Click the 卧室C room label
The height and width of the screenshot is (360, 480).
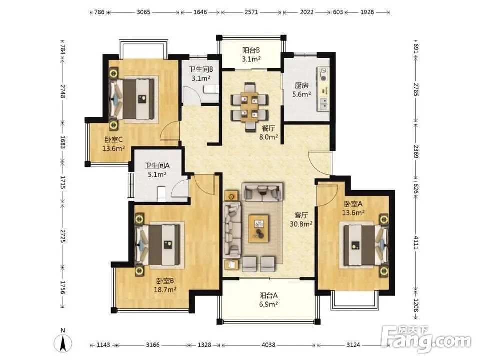[114, 140]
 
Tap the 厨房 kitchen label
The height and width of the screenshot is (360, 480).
[301, 85]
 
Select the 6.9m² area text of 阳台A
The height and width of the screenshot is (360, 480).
[268, 304]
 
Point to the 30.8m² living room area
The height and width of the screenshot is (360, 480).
[301, 224]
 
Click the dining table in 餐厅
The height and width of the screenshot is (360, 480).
[250, 106]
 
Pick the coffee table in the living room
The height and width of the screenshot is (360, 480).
[259, 229]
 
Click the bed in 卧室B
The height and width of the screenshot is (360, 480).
[157, 245]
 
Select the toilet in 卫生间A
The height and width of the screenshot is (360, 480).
[161, 194]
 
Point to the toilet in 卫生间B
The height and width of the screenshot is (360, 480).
[211, 89]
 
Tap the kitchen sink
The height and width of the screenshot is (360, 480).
[323, 104]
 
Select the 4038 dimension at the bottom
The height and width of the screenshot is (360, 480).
[268, 345]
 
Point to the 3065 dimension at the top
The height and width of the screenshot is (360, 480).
[143, 12]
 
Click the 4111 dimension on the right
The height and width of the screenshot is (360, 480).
[415, 242]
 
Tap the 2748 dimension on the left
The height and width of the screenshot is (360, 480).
[63, 91]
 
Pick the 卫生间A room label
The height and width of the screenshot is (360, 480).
[157, 166]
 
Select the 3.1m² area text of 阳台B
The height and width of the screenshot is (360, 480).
[251, 59]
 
